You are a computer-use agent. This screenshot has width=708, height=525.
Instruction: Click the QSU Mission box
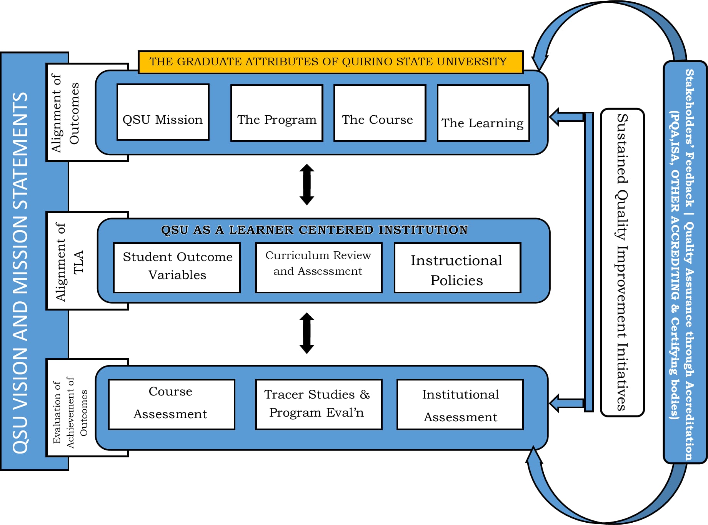point(163,112)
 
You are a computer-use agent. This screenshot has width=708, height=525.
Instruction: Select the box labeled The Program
point(277,113)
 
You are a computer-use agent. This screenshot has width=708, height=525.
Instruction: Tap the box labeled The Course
point(380,113)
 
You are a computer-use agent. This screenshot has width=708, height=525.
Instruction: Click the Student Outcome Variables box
point(177,267)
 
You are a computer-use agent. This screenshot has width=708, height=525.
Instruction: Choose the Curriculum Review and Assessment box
point(318,267)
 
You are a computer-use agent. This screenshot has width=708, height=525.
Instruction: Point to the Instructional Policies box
point(457,267)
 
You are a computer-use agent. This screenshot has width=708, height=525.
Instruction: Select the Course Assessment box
point(172,404)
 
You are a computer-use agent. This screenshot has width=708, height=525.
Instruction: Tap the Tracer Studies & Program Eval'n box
point(318,404)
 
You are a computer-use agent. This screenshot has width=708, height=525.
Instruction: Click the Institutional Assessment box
point(460,404)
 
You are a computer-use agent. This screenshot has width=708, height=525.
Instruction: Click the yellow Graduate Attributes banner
point(330,62)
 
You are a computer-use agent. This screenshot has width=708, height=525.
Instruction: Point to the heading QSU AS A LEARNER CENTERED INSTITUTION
point(314,230)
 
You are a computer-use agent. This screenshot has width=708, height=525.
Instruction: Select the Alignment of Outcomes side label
point(65,113)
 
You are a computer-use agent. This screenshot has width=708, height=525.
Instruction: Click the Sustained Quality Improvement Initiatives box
point(622,262)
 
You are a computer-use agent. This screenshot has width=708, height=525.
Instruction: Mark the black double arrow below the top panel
point(307,184)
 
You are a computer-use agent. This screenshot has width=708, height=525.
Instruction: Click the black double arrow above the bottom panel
point(307,333)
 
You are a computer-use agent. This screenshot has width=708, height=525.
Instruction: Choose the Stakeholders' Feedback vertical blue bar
point(685,262)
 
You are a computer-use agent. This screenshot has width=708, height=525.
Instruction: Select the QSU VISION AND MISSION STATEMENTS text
point(21,273)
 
